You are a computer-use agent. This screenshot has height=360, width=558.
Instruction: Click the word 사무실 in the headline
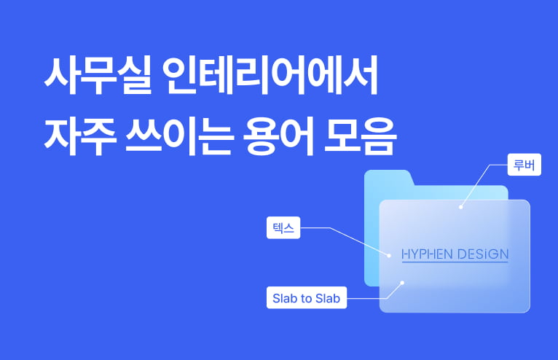[98, 76]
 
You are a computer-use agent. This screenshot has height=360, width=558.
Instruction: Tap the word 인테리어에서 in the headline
[270, 76]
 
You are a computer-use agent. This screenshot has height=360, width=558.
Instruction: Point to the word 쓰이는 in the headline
[180, 136]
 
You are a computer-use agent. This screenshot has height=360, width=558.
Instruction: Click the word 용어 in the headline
[278, 136]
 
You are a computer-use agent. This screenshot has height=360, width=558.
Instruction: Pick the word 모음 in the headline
[360, 136]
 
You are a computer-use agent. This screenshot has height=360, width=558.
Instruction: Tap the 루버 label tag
[524, 165]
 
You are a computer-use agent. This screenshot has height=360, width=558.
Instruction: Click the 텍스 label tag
[283, 227]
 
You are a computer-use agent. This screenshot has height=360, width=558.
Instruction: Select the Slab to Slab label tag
[307, 297]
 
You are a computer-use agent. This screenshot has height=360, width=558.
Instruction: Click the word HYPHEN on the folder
[427, 254]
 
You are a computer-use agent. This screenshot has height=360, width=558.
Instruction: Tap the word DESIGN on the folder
[483, 254]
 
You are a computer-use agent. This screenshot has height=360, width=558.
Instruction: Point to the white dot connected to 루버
[461, 207]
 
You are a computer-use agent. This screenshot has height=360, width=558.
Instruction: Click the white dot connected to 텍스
[389, 255]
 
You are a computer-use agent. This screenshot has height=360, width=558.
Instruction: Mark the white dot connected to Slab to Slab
[402, 283]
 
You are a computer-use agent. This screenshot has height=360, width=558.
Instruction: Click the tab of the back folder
[388, 177]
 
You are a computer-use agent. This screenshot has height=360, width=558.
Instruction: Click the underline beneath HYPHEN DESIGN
[455, 262]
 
